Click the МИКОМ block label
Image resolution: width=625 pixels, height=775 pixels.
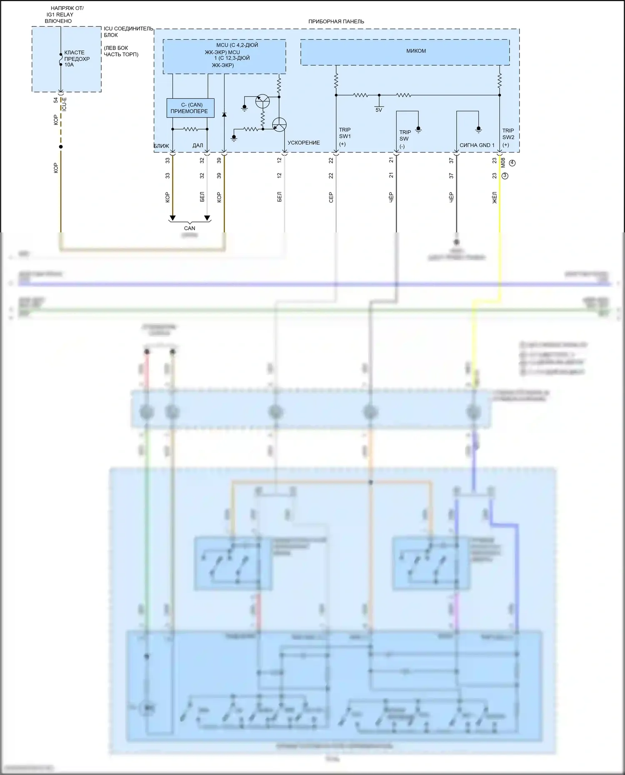pos(416,51)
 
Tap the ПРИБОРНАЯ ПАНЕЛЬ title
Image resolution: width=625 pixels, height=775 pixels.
pos(336,22)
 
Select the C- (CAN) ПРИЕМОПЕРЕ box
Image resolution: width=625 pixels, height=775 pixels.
pos(190,108)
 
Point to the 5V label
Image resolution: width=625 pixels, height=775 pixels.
pos(379,110)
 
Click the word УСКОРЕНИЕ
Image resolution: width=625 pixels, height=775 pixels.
pos(304,143)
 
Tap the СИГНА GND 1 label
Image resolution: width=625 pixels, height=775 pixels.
pos(477,145)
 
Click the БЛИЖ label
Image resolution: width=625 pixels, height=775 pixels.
pos(161,146)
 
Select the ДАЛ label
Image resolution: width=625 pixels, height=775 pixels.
pos(197,146)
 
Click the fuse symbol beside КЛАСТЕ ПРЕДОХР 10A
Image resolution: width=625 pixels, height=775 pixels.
pos(61,61)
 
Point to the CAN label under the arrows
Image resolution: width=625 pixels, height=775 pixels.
pos(190,228)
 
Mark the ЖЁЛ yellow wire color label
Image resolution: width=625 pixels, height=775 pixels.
pos(495,197)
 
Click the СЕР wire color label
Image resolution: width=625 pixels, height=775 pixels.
pos(331,197)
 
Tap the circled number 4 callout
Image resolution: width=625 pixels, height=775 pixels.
pos(512,163)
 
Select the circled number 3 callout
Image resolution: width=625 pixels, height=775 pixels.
pos(505,176)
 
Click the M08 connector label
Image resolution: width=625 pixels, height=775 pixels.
pos(503,163)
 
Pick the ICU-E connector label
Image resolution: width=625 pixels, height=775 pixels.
pos(64,104)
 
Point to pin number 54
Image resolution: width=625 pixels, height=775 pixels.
pos(56,100)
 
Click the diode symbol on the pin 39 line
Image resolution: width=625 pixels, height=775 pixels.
pos(224,114)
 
